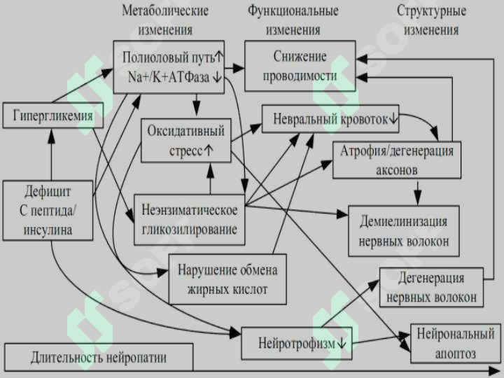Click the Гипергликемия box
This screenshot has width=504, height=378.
coord(53,115)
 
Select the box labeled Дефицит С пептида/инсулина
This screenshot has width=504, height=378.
coord(48,211)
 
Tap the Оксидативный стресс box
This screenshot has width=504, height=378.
coord(186,141)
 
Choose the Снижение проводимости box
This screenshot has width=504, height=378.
coord(300,66)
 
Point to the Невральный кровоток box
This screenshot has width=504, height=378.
coord(330,119)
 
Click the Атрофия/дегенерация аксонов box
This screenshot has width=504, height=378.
coord(397,160)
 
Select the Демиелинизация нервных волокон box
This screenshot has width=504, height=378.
coord(404,231)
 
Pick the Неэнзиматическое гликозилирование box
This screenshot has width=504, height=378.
coord(189,220)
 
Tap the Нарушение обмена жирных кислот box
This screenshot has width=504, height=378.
coord(227,279)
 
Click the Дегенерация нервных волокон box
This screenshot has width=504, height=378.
coord(431,288)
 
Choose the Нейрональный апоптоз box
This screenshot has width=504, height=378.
coord(456,344)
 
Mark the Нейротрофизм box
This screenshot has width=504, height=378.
coord(297,343)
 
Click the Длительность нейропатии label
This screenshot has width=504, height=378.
coord(99,358)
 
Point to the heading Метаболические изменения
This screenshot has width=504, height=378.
coord(165,20)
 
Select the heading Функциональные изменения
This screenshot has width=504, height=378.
coord(293,20)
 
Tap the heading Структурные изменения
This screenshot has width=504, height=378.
coord(431,20)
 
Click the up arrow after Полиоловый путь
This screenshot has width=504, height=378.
coord(218,57)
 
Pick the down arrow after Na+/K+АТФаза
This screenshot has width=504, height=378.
coord(217,77)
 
